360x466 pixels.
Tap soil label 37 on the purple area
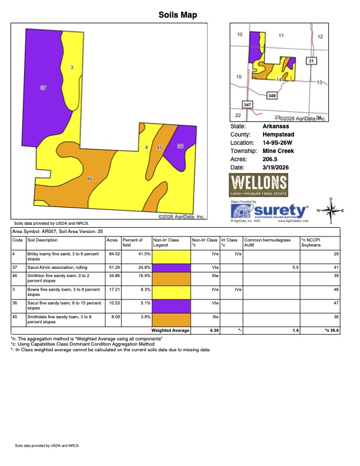pyautogui.click(x=44, y=88)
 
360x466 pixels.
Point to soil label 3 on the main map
pyautogui.click(x=72, y=68)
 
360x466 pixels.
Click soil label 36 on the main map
pyautogui.click(x=180, y=146)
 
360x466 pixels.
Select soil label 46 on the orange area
pyautogui.click(x=89, y=178)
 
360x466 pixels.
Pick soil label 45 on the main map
pyautogui.click(x=159, y=148)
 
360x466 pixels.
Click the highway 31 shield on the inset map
pyautogui.click(x=311, y=61)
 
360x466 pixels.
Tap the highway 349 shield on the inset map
pyautogui.click(x=272, y=95)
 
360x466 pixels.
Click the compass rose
pyautogui.click(x=332, y=211)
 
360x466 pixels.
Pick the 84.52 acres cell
pyautogui.click(x=112, y=254)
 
